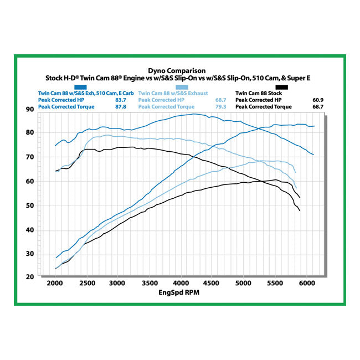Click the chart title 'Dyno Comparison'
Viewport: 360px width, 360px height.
click(177, 71)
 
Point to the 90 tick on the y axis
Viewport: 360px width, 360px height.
click(30, 109)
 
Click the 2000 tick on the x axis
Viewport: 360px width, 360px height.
click(55, 284)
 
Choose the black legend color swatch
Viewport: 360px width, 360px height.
click(282, 87)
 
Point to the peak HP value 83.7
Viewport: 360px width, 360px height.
click(121, 100)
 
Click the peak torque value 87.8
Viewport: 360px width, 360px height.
click(121, 106)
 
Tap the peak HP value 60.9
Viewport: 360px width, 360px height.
click(317, 100)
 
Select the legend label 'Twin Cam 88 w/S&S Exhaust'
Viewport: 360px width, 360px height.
click(173, 93)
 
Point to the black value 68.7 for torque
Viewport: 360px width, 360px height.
click(317, 106)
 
